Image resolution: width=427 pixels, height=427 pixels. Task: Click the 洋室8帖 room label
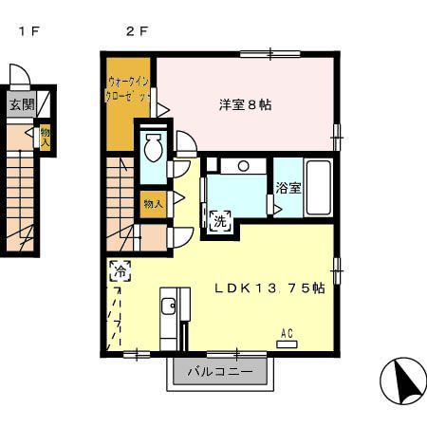pyautogui.click(x=246, y=105)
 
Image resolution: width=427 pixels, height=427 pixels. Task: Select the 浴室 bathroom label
pyautogui.click(x=288, y=188)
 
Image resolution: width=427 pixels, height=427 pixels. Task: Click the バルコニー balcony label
pyautogui.click(x=219, y=372)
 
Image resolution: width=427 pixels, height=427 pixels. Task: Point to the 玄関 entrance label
pyautogui.click(x=22, y=104)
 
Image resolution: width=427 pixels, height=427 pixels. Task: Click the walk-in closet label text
pyautogui.click(x=129, y=90)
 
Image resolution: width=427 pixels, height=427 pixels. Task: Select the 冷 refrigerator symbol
pyautogui.click(x=121, y=269)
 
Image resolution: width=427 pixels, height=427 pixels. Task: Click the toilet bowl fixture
pyautogui.click(x=153, y=146)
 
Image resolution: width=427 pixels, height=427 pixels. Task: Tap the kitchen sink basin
pyautogui.click(x=168, y=306)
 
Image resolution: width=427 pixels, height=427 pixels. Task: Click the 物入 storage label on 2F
pyautogui.click(x=153, y=203)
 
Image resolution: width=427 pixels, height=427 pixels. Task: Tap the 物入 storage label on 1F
pyautogui.click(x=45, y=139)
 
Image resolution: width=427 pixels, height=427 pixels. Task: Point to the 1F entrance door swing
pyautogui.click(x=20, y=76)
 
